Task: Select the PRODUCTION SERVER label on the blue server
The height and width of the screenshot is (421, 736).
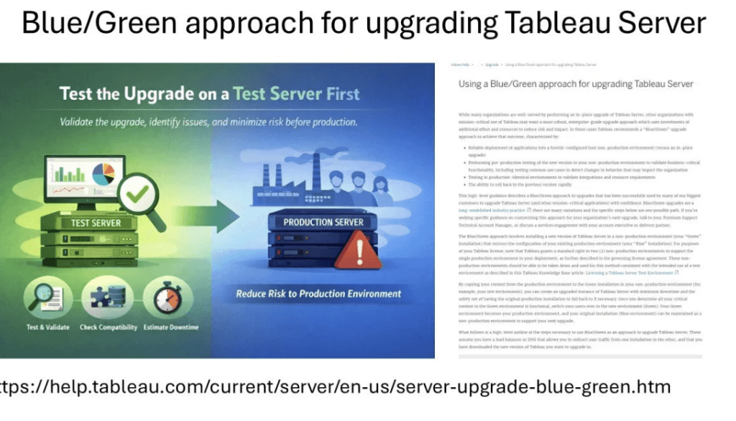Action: (323, 222)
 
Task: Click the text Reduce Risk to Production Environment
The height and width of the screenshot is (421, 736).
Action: (319, 293)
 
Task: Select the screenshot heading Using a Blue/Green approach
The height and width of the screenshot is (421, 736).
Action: (576, 84)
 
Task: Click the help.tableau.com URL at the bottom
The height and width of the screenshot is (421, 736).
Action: (335, 387)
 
